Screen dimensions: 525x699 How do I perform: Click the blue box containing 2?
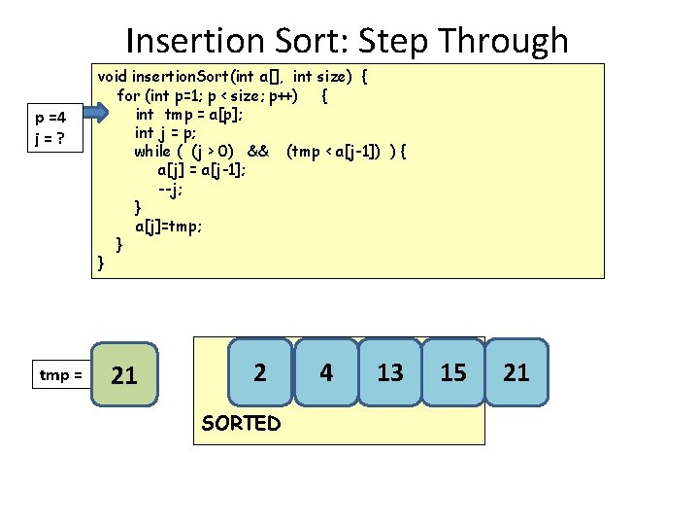259,371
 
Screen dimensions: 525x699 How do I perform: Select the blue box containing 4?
326,371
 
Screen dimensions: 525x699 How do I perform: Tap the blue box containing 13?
390,371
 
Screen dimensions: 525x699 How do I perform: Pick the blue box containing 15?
453,371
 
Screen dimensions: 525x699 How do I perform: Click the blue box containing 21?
516,371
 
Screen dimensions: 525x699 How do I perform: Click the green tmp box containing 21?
124,375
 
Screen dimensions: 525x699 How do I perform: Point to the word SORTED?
240,423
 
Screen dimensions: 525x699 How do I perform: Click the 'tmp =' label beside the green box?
60,374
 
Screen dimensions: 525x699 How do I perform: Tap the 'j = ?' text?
49,138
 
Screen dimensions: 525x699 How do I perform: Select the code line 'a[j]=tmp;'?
168,226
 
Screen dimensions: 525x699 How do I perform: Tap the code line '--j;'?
172,188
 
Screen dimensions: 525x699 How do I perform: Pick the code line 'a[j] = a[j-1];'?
201,169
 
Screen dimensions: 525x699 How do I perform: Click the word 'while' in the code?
152,151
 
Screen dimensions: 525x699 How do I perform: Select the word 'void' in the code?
112,76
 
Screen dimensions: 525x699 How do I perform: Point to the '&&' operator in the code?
257,151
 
